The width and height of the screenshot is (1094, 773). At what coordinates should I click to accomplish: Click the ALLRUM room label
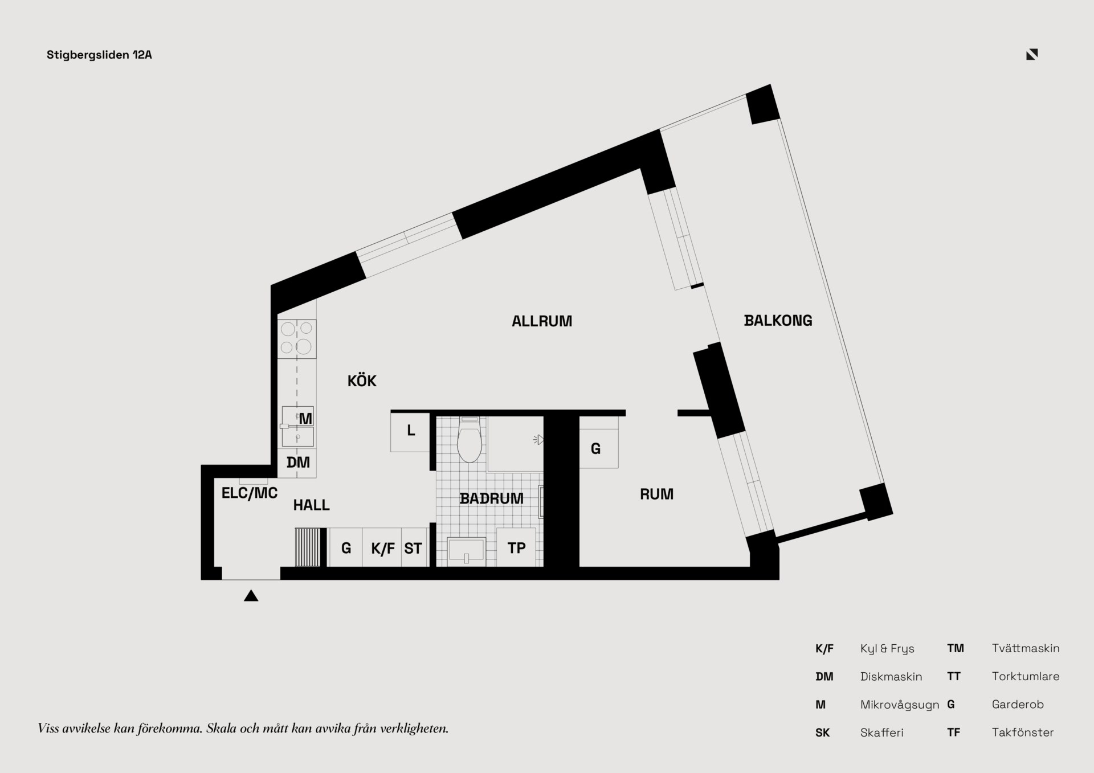click(542, 321)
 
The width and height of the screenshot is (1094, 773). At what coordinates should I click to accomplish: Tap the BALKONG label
click(778, 321)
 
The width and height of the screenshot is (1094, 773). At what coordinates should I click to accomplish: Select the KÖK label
click(362, 381)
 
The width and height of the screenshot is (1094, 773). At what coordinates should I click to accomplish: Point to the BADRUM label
click(491, 498)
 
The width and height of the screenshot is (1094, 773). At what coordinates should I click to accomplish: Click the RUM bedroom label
click(656, 494)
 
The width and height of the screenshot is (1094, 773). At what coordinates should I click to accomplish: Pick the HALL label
click(311, 505)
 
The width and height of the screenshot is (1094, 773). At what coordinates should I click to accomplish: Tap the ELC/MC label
click(250, 493)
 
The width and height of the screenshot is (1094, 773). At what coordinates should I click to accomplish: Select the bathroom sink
click(466, 551)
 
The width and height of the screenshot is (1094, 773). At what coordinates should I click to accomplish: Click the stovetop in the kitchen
click(297, 339)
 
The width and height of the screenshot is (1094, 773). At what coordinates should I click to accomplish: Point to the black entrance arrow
click(251, 596)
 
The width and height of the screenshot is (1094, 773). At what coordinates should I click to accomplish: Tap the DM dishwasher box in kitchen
click(297, 463)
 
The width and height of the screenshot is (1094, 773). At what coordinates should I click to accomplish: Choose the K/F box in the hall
click(382, 547)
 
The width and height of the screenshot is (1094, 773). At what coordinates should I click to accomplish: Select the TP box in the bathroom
click(516, 547)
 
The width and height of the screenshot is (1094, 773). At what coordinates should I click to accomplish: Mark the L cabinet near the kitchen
click(410, 432)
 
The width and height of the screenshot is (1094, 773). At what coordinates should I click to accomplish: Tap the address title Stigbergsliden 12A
click(99, 55)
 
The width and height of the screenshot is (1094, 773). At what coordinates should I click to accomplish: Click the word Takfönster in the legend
click(1023, 733)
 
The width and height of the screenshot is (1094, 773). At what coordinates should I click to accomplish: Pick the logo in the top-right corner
click(1032, 54)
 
